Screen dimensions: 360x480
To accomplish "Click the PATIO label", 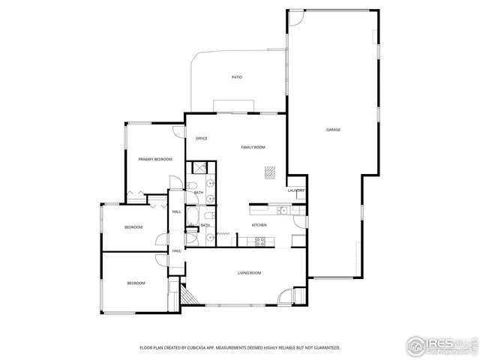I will (x=236, y=77).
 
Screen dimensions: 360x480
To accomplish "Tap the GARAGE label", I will (x=333, y=130).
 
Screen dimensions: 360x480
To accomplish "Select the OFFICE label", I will (x=201, y=138).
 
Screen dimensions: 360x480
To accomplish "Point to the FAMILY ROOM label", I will (x=253, y=147).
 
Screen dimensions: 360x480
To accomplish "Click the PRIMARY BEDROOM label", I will (x=155, y=159).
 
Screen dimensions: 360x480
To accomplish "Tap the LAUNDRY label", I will (x=295, y=190).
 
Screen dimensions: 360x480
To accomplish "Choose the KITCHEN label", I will (x=259, y=225).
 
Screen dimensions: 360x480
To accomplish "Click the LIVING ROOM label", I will (x=249, y=273).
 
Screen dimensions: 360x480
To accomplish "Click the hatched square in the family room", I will (x=269, y=173).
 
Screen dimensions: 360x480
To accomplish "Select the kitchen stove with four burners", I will (x=260, y=241).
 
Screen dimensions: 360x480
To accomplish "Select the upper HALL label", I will (x=177, y=211).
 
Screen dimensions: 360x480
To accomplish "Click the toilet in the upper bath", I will (x=192, y=186).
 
